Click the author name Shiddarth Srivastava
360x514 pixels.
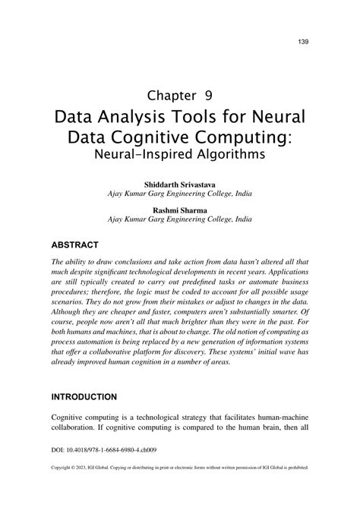click(179, 184)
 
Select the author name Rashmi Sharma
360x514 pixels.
click(179, 209)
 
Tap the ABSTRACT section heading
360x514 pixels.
click(74, 245)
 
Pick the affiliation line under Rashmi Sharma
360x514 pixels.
click(179, 219)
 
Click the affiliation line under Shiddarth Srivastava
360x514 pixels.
click(179, 194)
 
